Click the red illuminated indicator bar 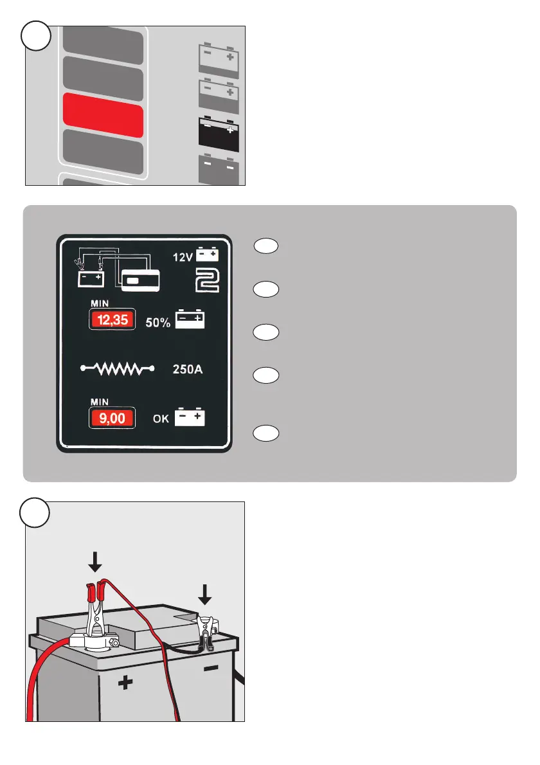(102, 114)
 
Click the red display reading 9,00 (112, 420)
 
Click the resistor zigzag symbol (118, 369)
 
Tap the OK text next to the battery (161, 420)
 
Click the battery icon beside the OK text (190, 419)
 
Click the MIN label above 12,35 (99, 303)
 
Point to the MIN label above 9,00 (99, 402)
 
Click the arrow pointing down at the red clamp (94, 563)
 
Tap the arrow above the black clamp (204, 594)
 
